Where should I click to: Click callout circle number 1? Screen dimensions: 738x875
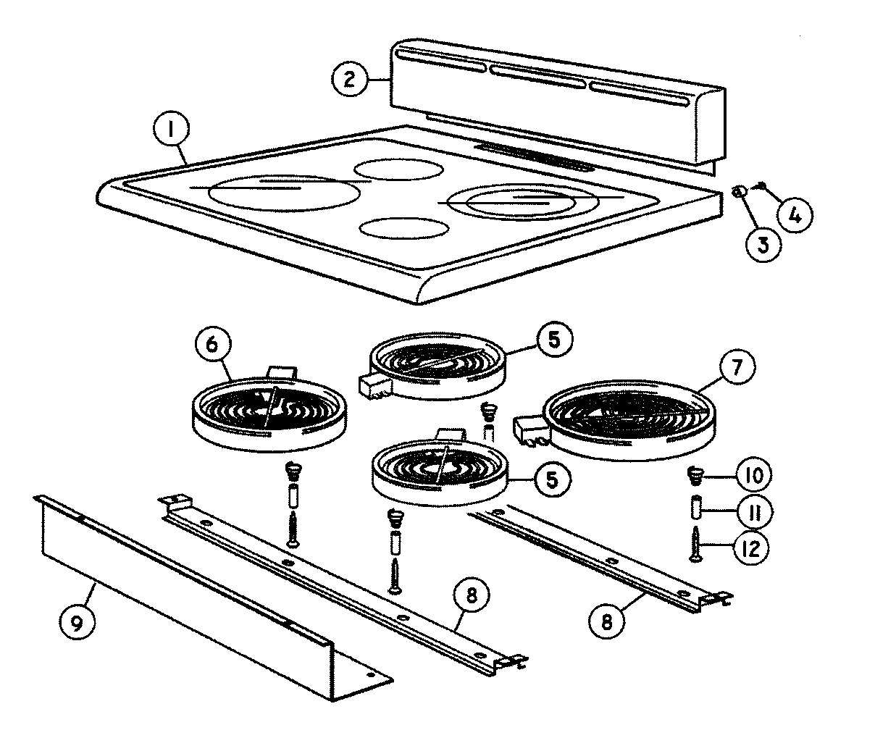[x=170, y=130]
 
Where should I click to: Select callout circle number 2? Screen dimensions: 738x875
[x=351, y=78]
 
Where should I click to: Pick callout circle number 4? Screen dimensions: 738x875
[x=795, y=214]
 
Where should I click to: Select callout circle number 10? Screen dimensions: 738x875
[x=754, y=476]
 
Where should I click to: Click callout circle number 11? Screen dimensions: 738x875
[x=754, y=513]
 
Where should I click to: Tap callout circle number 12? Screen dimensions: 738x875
[x=750, y=548]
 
